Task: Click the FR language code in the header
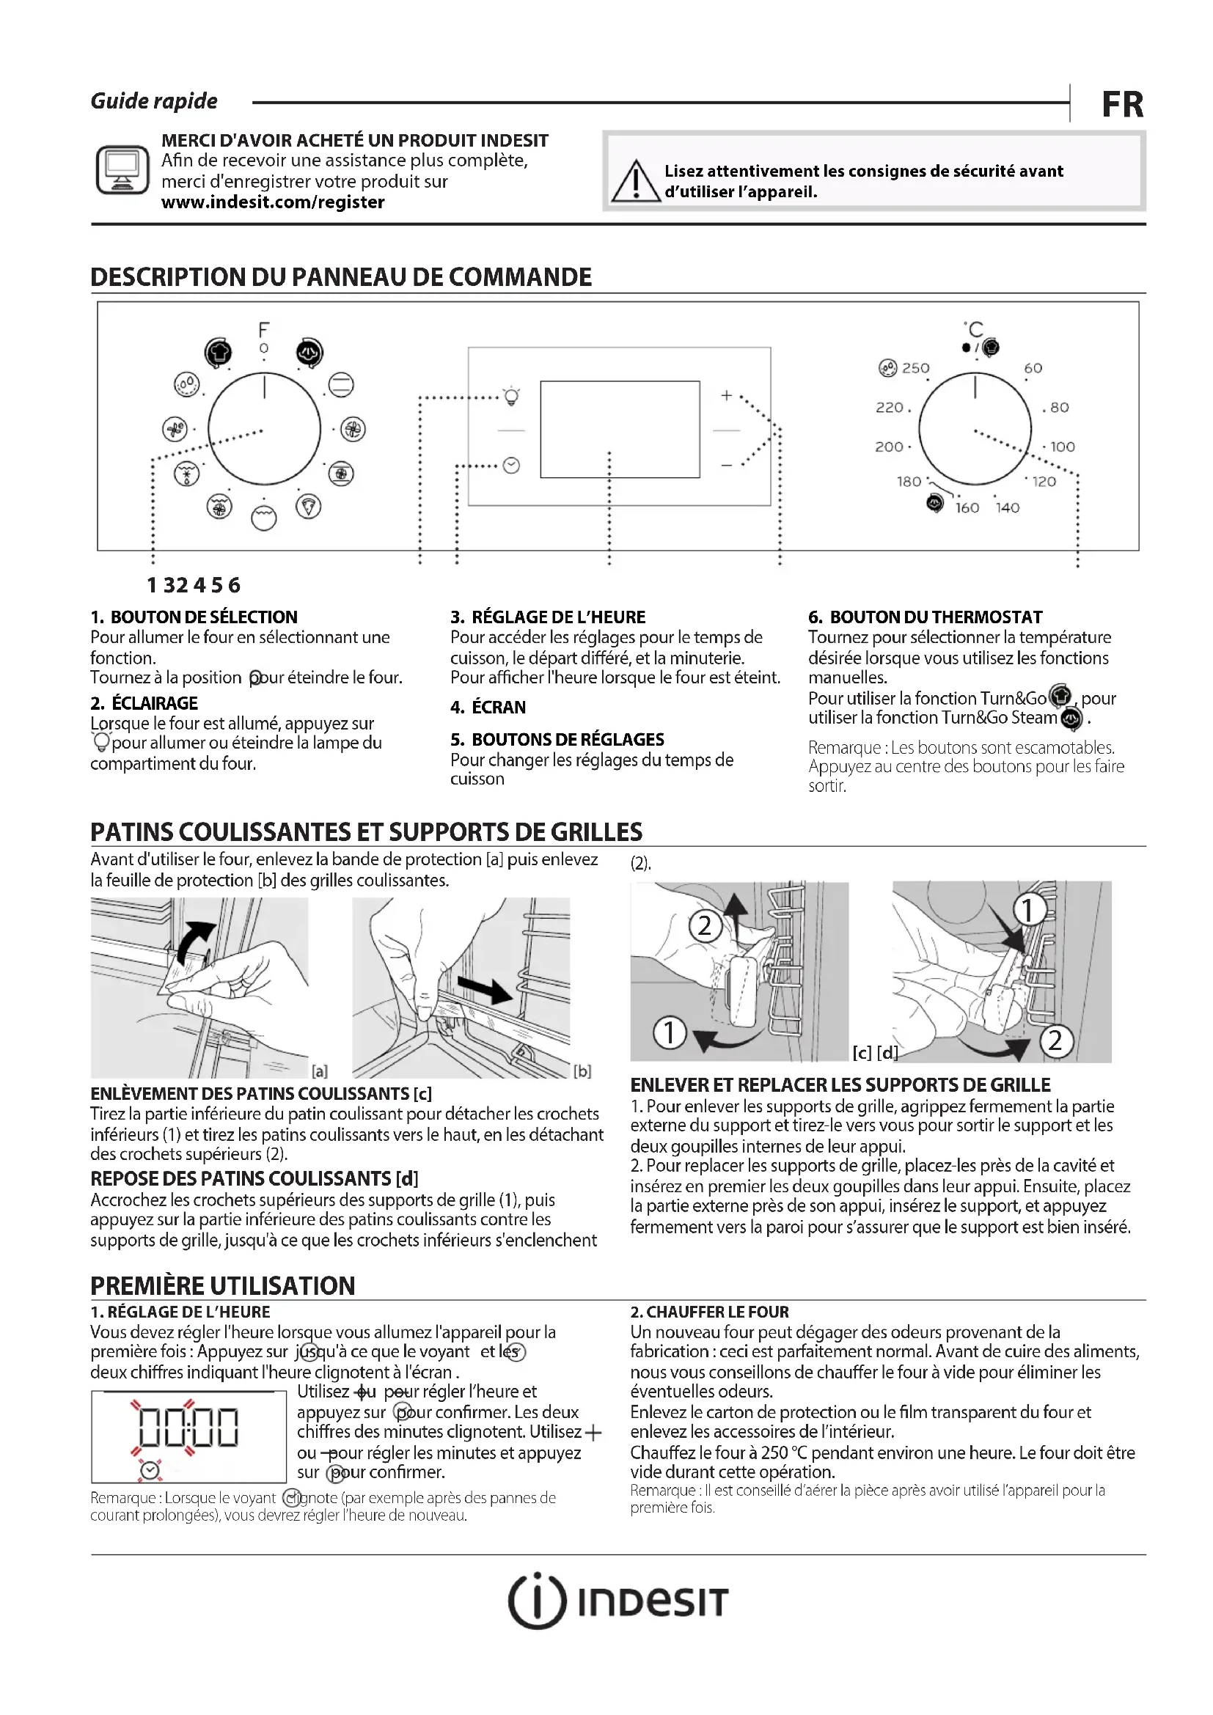[1122, 105]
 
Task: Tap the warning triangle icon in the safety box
[635, 182]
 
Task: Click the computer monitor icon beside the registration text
[122, 170]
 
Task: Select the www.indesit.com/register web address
[273, 202]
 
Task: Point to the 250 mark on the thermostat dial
[915, 368]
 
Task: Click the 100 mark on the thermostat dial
[1062, 447]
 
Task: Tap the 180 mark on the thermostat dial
[909, 482]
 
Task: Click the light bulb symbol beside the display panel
[512, 396]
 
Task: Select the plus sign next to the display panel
[726, 396]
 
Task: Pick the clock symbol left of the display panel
[512, 466]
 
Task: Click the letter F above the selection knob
[264, 329]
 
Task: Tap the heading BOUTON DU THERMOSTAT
[935, 617]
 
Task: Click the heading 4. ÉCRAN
[488, 708]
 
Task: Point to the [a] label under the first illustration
[320, 1071]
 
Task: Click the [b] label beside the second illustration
[582, 1071]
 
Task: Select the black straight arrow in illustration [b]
[485, 991]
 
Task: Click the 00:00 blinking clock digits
[189, 1428]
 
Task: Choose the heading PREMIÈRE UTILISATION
[223, 1285]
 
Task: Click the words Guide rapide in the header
[154, 102]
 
